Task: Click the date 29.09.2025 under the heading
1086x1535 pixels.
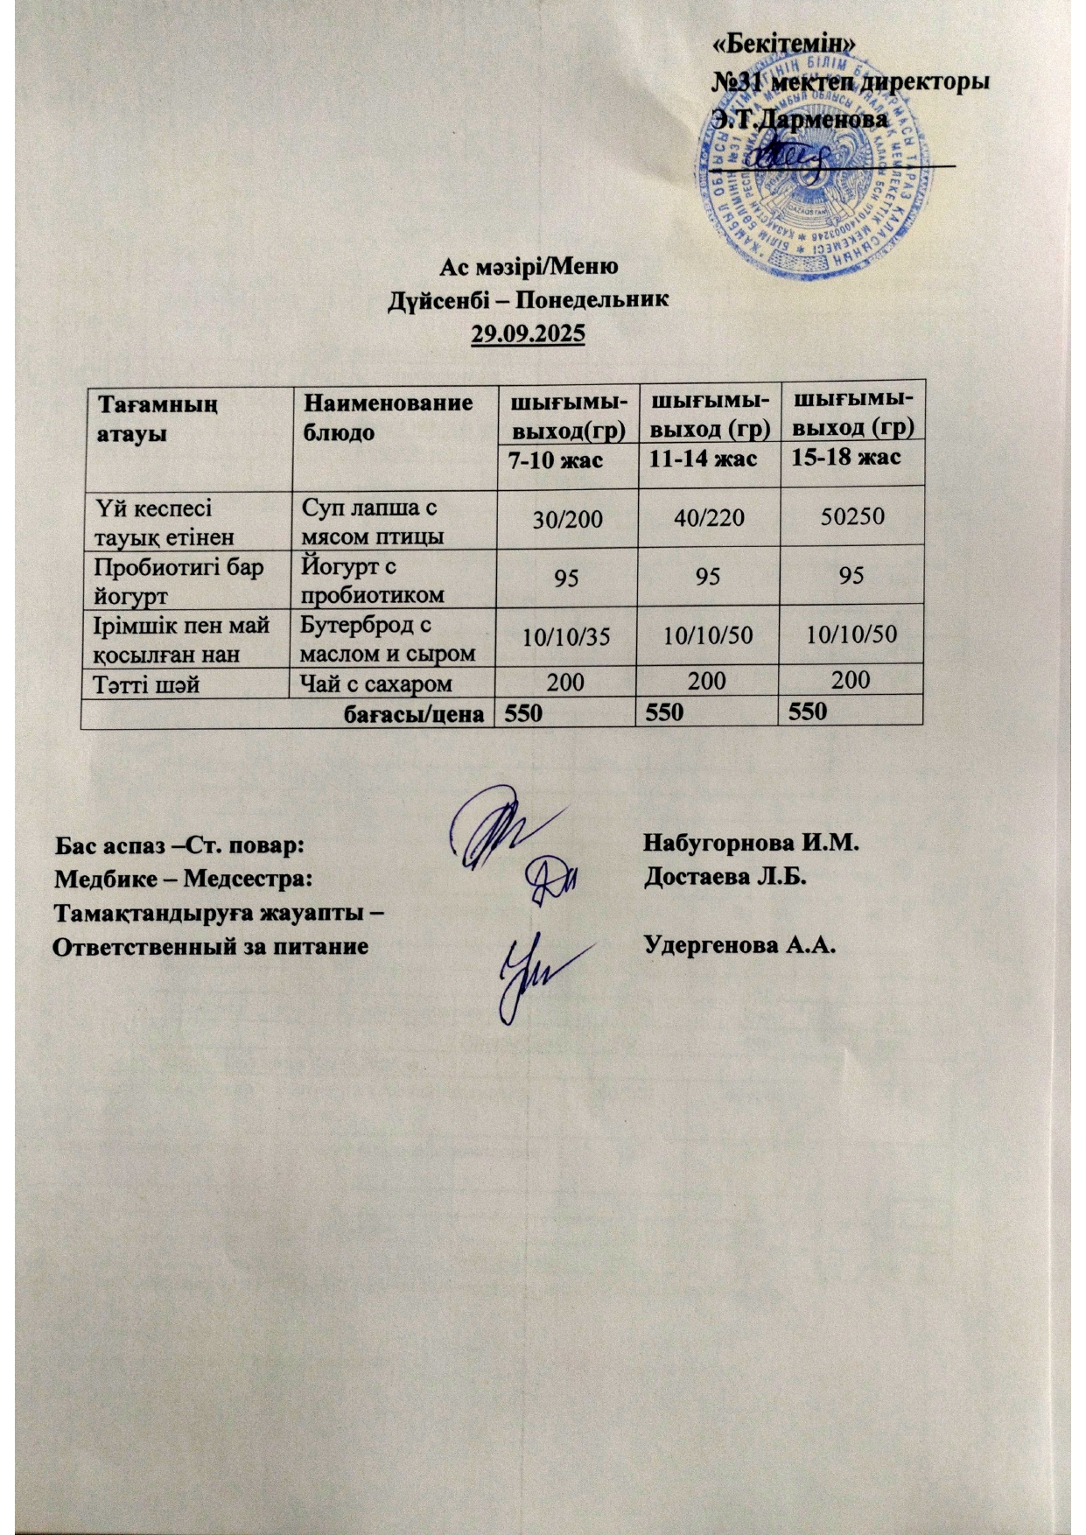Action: (x=528, y=334)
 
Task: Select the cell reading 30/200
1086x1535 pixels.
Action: (x=568, y=519)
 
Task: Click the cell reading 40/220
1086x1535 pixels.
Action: (x=709, y=519)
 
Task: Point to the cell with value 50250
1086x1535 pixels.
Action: (x=851, y=517)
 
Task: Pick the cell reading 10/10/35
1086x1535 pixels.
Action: (x=566, y=636)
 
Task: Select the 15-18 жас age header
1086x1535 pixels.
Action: (x=845, y=458)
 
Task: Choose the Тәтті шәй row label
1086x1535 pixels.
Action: (x=146, y=683)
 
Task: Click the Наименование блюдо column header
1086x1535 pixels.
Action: (x=386, y=417)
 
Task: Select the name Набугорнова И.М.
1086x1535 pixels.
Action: (x=753, y=844)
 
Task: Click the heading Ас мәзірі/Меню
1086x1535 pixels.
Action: (x=529, y=266)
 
